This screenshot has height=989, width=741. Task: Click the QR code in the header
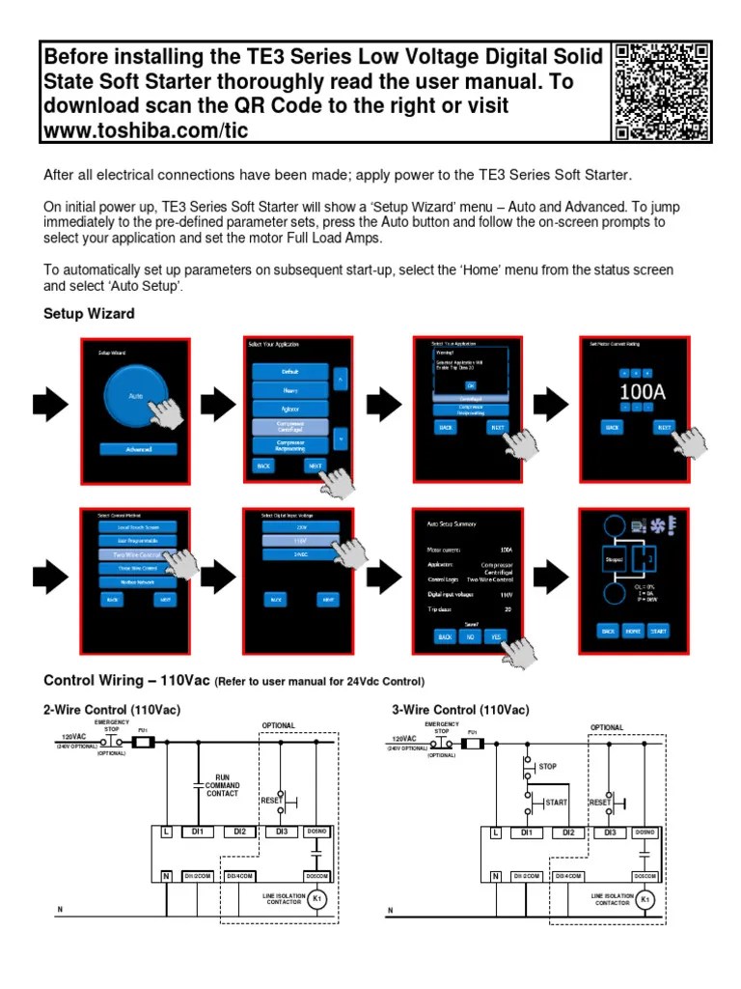(x=662, y=92)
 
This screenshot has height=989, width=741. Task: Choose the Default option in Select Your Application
(x=290, y=371)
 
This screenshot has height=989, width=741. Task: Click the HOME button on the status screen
(x=633, y=631)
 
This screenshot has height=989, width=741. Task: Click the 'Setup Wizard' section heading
(x=89, y=314)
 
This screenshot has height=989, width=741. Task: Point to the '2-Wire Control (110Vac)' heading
(x=112, y=710)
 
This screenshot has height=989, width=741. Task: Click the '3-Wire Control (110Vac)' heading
(x=460, y=710)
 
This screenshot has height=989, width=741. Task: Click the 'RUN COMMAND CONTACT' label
(x=221, y=785)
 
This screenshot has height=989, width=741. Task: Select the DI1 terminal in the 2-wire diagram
(x=197, y=832)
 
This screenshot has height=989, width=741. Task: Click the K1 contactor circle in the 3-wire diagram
(x=646, y=900)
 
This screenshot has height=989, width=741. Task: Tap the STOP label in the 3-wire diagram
(x=548, y=766)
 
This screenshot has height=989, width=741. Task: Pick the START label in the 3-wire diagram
(x=555, y=802)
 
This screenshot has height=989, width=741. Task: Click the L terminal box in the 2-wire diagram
(x=168, y=832)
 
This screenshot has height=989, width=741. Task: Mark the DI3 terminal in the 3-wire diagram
(x=609, y=832)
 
